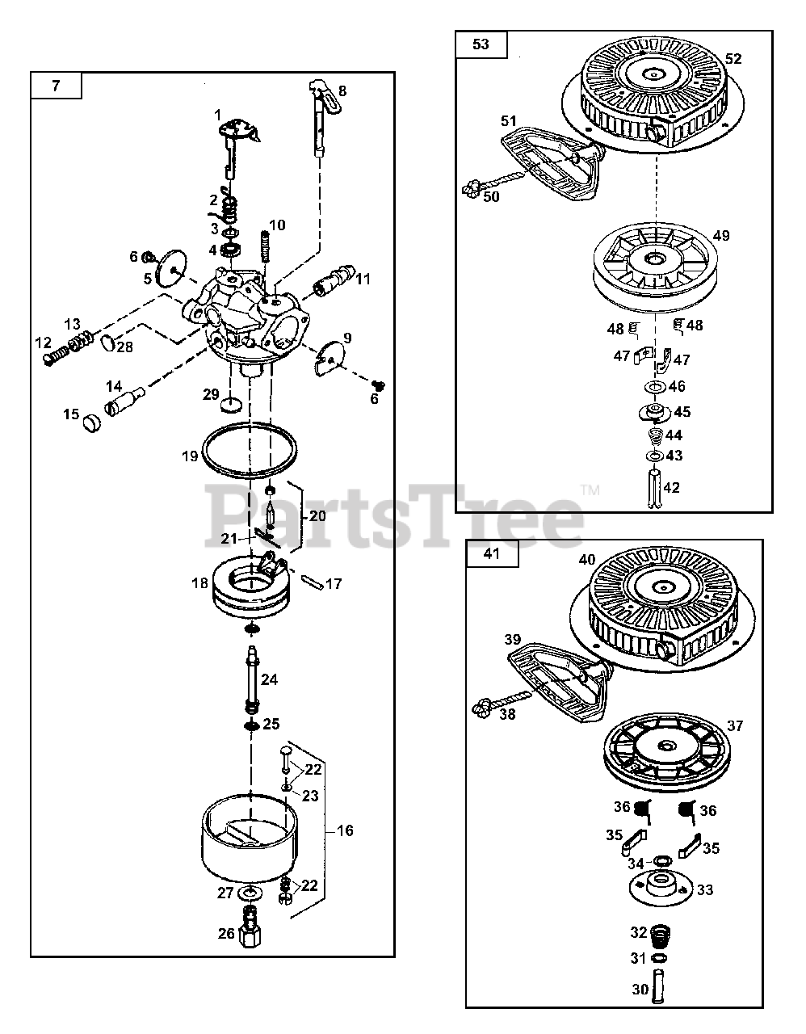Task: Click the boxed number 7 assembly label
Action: pyautogui.click(x=56, y=86)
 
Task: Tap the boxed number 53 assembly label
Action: pyautogui.click(x=481, y=44)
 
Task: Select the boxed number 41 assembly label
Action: pyautogui.click(x=492, y=554)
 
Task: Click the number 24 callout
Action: pyautogui.click(x=270, y=680)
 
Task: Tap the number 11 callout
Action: pyautogui.click(x=363, y=279)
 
